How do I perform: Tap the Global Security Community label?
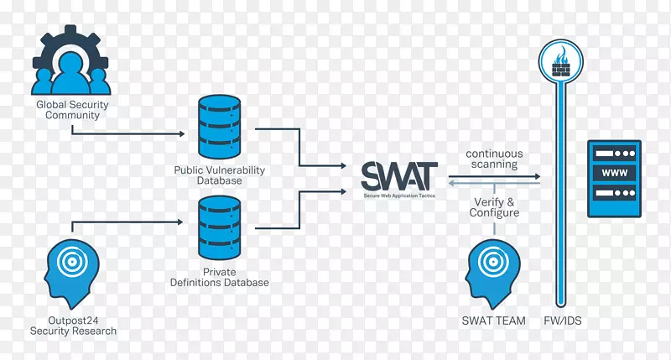coord(72,110)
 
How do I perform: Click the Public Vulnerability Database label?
coord(219,175)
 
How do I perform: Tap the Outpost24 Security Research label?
coord(73,326)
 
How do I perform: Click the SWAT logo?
coord(398,175)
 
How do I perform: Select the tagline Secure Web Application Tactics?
coord(399,194)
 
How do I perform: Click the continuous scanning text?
coord(494,159)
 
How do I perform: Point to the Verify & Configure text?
coord(494,207)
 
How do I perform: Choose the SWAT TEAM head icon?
coord(493,274)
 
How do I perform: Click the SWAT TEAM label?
coord(493,321)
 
